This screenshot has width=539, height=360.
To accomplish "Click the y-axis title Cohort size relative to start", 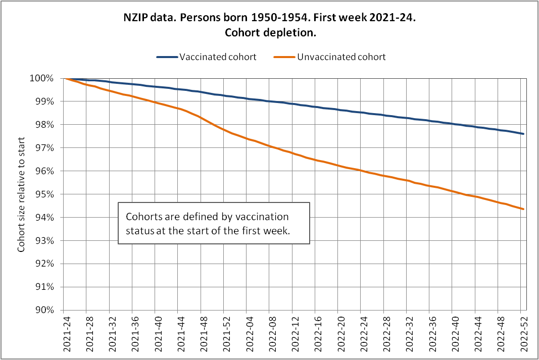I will pos(22,194).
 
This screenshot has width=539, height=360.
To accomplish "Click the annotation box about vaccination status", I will pos(213,223).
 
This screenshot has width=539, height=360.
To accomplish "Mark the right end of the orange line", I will pos(523,209).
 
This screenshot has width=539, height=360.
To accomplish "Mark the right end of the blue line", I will pos(523,134).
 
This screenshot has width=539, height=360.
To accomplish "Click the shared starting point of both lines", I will pos(64,78).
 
